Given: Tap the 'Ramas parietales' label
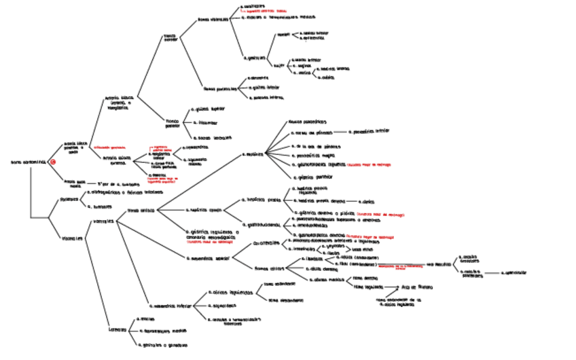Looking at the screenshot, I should tap(220, 88).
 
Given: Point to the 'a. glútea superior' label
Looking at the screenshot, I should tap(207, 109).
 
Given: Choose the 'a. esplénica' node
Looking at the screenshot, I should tap(254, 155).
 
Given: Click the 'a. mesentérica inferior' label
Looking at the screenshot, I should tap(167, 306).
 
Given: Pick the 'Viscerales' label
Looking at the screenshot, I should tap(71, 238).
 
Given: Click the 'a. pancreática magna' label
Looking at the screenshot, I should tap(312, 156).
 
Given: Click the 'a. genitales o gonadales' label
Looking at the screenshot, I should tap(162, 345).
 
